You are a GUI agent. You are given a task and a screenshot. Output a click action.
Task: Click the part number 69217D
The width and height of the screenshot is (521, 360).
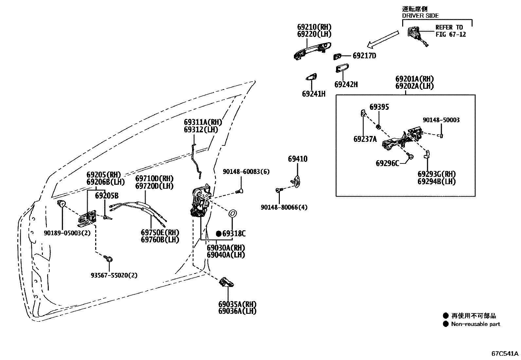[x=364, y=56]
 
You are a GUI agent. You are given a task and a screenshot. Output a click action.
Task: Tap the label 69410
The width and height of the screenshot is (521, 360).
[x=297, y=159]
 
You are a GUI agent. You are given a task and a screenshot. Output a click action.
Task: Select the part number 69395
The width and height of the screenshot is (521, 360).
[x=379, y=107]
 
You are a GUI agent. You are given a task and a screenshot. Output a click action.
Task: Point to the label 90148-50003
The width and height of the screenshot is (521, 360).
[x=441, y=120]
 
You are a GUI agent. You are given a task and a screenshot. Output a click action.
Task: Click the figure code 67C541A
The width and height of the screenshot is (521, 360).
[x=505, y=353]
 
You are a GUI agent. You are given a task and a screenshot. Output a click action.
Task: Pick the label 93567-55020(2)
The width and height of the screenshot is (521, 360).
[x=114, y=275]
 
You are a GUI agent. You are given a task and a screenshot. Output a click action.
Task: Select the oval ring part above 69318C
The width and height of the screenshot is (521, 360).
[x=232, y=214]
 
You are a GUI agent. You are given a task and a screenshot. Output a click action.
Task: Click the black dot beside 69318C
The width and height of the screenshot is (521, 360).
[x=219, y=234]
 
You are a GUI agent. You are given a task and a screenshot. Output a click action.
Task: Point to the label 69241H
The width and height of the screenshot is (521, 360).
[x=314, y=94]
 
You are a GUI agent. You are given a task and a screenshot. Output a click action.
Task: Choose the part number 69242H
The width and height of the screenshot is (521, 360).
[x=346, y=85]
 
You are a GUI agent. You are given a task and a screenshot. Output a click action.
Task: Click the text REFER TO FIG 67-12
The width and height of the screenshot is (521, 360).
[x=450, y=31]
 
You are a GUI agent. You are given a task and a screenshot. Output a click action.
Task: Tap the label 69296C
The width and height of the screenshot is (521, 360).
[x=387, y=163]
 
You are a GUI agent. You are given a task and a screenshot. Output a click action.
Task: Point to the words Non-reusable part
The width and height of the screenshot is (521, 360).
[x=476, y=324]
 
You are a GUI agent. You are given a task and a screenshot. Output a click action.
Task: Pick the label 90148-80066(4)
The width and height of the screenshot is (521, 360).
[x=284, y=207]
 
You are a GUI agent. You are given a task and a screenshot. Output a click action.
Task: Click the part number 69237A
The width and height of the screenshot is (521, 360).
[x=365, y=139]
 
